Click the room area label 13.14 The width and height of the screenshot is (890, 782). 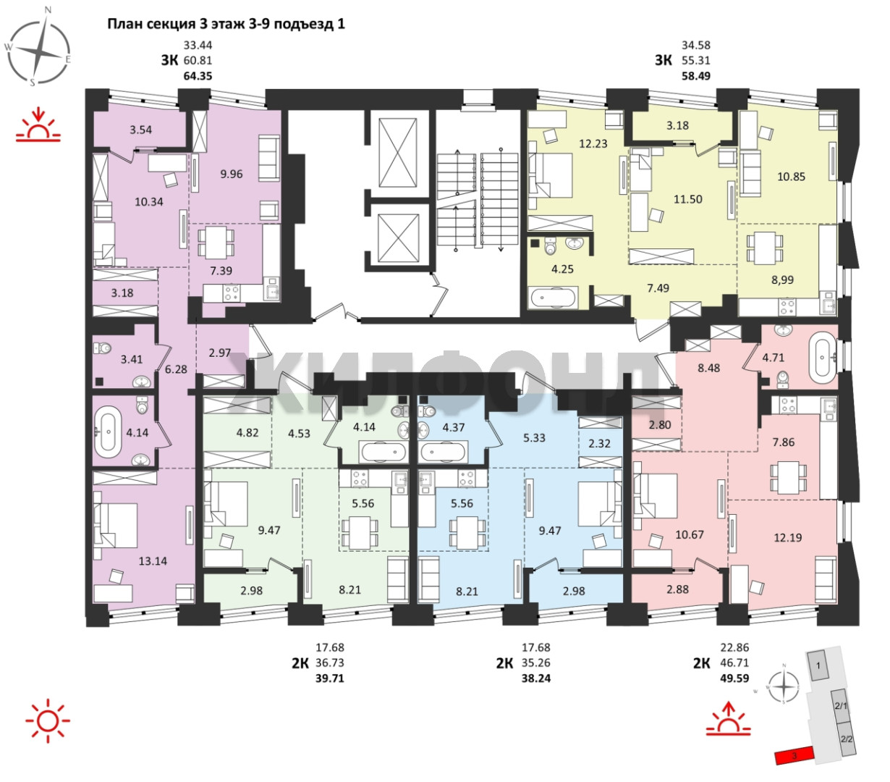pyautogui.click(x=153, y=561)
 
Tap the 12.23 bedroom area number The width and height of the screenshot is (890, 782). pyautogui.click(x=593, y=144)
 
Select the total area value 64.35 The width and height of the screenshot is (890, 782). pyautogui.click(x=198, y=76)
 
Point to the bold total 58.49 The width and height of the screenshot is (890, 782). pyautogui.click(x=696, y=76)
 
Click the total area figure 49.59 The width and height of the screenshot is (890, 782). pyautogui.click(x=734, y=678)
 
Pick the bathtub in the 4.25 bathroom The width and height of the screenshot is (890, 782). pyautogui.click(x=553, y=298)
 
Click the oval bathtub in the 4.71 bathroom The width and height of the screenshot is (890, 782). pyautogui.click(x=823, y=357)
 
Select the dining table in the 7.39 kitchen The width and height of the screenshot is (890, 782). pyautogui.click(x=216, y=243)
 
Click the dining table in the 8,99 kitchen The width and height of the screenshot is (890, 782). pyautogui.click(x=765, y=248)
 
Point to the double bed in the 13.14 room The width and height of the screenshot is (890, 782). pyautogui.click(x=116, y=525)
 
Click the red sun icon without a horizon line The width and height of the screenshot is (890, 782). pyautogui.click(x=48, y=721)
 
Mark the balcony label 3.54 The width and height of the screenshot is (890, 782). pyautogui.click(x=140, y=130)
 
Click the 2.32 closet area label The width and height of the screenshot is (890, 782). pyautogui.click(x=600, y=443)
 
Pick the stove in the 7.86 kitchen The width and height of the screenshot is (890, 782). pyautogui.click(x=781, y=405)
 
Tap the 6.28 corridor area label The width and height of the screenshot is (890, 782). pyautogui.click(x=176, y=369)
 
